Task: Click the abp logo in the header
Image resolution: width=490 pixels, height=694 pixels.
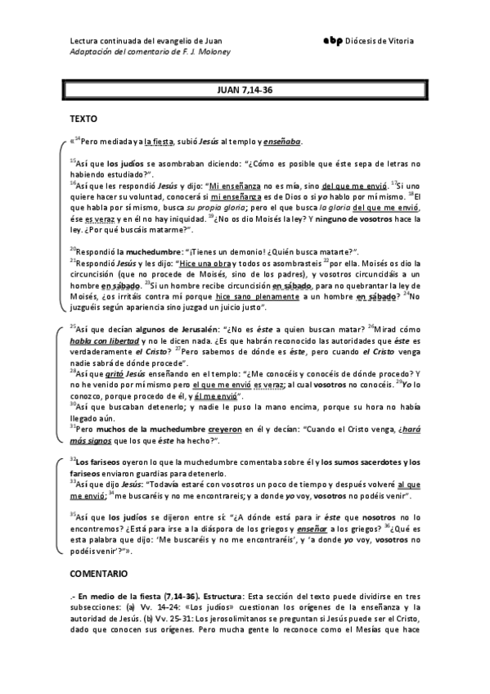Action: click(x=334, y=40)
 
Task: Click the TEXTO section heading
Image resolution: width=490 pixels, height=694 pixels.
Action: click(x=84, y=118)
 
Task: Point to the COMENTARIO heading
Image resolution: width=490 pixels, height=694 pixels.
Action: click(x=98, y=575)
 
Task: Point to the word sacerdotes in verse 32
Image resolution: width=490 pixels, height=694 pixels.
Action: click(x=373, y=463)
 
